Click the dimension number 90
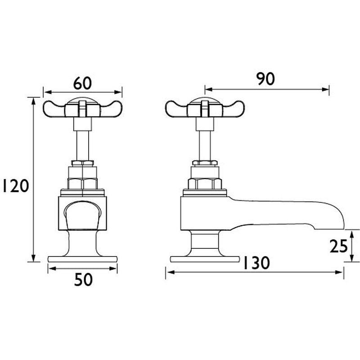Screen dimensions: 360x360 pos(265,79)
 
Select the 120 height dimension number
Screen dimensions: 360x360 pos(14,185)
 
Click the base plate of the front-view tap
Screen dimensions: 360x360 pos(82,259)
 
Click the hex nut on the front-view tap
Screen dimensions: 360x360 pos(82,183)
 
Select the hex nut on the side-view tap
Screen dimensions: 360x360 pos(205,183)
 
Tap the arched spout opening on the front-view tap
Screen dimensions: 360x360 pos(82,214)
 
